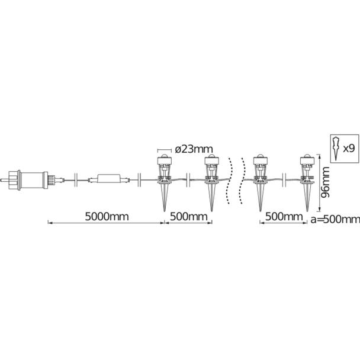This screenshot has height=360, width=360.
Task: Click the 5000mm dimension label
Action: pyautogui.click(x=107, y=217)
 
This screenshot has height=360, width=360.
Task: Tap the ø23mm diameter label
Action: pyautogui.click(x=194, y=149)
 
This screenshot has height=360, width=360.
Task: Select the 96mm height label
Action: pyautogui.click(x=325, y=182)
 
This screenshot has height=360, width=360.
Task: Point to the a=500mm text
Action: pyautogui.click(x=335, y=219)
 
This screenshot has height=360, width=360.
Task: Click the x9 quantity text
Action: pyautogui.click(x=349, y=149)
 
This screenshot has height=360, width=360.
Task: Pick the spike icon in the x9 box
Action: pyautogui.click(x=336, y=149)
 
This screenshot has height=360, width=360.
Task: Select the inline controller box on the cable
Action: pyautogui.click(x=110, y=179)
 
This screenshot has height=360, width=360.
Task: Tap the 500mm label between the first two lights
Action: pyautogui.click(x=188, y=217)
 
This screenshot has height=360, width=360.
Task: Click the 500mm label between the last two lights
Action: pyautogui.click(x=284, y=217)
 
